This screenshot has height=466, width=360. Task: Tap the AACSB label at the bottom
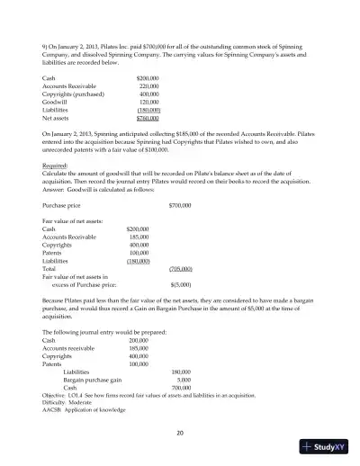coord(54,409)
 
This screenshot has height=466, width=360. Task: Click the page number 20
coord(180,434)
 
